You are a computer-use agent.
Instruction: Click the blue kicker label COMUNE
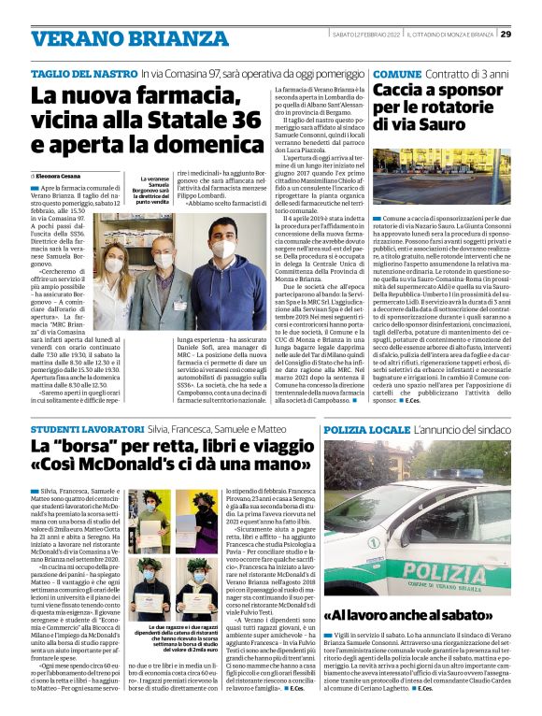[x=397, y=73]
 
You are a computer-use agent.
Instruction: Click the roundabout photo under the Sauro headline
[x=440, y=176]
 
